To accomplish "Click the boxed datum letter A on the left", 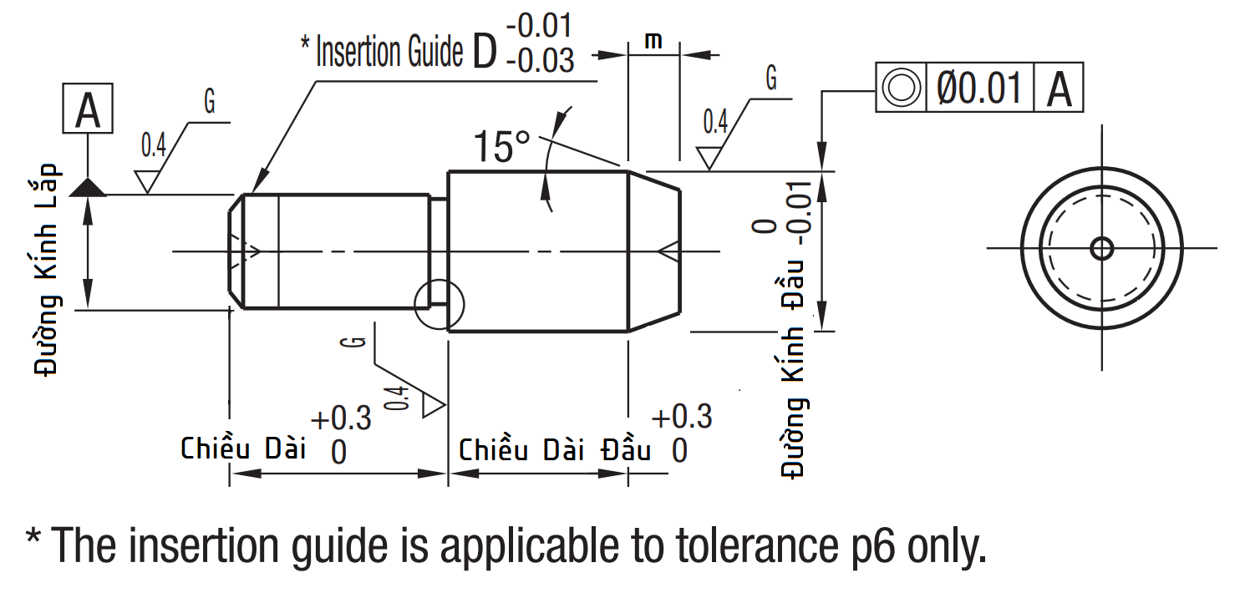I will pos(88,110).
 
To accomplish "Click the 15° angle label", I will pos(501,146).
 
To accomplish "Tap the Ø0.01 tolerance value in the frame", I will pos(979,88).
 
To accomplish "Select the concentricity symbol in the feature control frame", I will pos(901,88).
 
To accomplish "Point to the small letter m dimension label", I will pos(653,40).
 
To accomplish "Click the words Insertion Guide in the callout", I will pos(389,52).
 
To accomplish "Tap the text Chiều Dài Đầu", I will pos(555,450).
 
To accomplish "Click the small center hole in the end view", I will pos(1101,248).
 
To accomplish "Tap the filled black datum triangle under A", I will pos(88,188).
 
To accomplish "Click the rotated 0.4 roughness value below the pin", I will pos(400,398).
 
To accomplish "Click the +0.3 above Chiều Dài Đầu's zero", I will pos(681,416).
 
